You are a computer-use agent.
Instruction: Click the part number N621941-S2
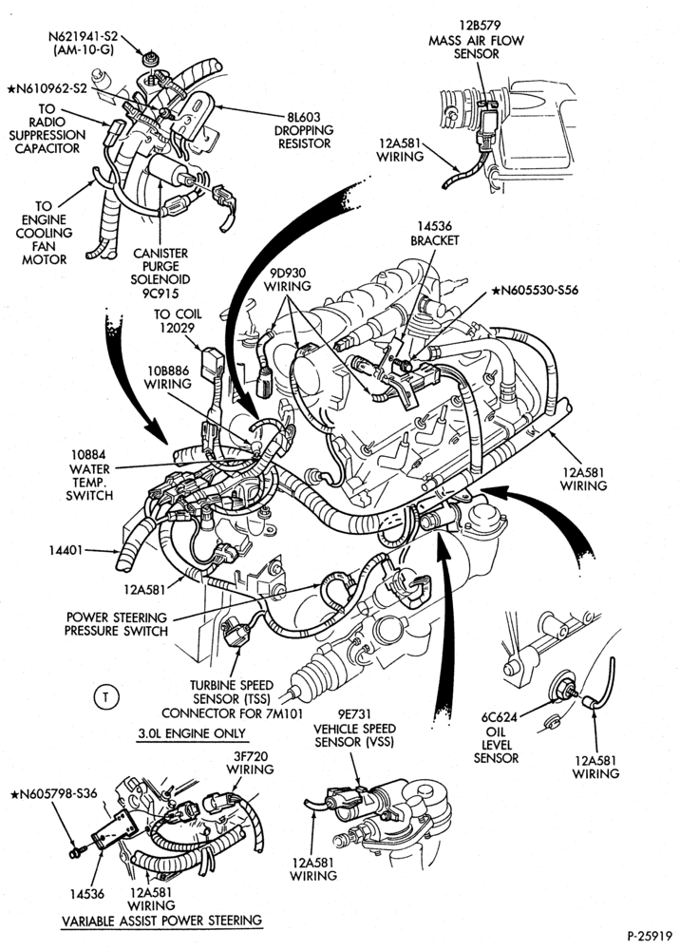click(x=83, y=36)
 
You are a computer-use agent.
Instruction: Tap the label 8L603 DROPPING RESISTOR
click(x=303, y=130)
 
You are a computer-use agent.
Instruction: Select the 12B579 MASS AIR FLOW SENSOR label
click(x=477, y=39)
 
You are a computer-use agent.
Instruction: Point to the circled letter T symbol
click(x=106, y=697)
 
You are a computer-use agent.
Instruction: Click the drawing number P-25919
click(x=650, y=936)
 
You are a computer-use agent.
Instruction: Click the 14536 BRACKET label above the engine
click(x=434, y=234)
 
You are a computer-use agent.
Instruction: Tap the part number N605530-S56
click(x=535, y=290)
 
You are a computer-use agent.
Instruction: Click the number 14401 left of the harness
click(x=66, y=551)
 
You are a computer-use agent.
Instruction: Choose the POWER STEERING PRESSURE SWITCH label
click(x=116, y=624)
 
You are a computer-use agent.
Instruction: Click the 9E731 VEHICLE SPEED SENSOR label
click(x=355, y=728)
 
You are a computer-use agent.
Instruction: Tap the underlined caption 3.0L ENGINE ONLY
click(x=191, y=733)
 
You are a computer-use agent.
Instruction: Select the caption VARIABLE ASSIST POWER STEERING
click(x=161, y=921)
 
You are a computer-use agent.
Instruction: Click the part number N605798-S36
click(x=53, y=793)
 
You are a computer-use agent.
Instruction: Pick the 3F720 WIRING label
click(x=250, y=762)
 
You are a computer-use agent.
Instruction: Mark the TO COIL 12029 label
click(x=178, y=321)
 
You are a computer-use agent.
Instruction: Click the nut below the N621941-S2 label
click(x=147, y=59)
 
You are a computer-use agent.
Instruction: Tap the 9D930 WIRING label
click(x=287, y=278)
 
